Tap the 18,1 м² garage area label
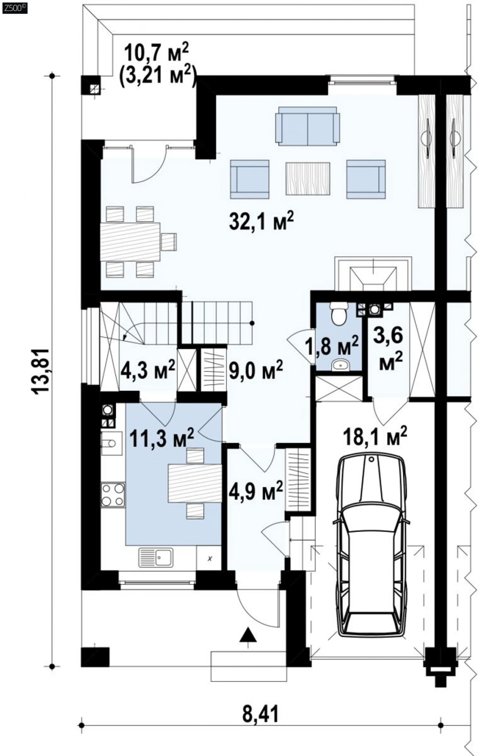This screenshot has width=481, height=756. coord(375,438)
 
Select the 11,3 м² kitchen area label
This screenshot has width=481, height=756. coord(162,439)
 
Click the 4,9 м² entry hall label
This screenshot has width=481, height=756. coord(255,492)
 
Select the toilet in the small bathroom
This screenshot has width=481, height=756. coord(339,314)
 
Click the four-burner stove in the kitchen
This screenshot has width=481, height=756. coord(113,495)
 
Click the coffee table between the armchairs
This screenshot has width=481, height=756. coord(308,179)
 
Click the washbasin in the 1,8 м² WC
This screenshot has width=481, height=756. coord(341,365)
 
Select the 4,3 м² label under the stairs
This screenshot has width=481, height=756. coord(148,371)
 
